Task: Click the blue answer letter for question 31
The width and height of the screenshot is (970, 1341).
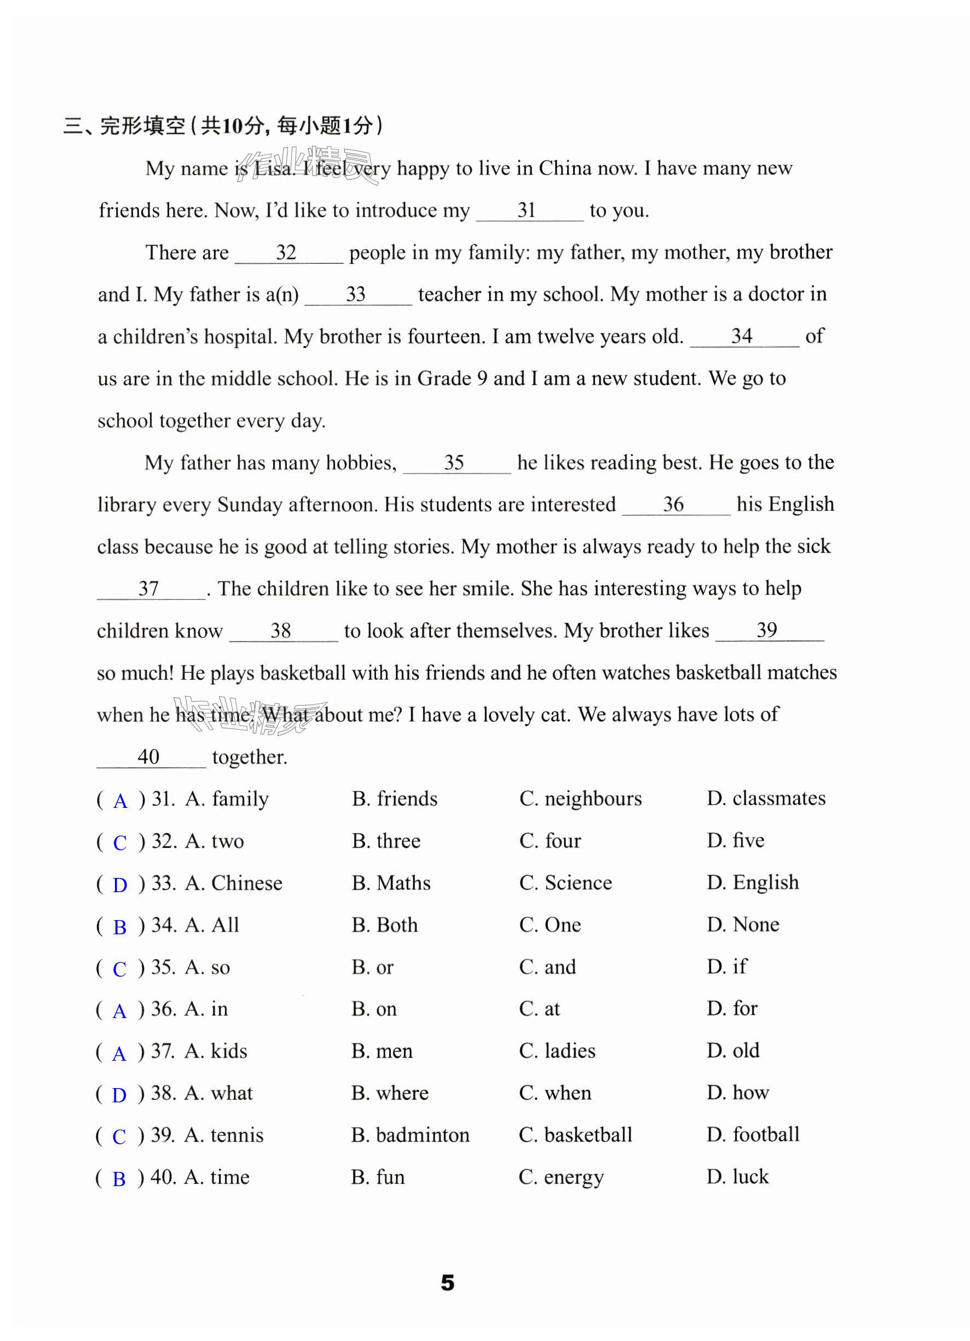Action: (x=120, y=801)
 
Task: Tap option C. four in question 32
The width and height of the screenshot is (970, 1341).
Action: (x=550, y=841)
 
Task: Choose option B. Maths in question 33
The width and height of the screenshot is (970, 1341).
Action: (x=390, y=883)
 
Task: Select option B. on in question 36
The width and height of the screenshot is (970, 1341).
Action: (x=373, y=1009)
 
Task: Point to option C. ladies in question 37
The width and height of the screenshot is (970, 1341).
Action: (x=557, y=1051)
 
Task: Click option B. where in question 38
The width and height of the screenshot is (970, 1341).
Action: (x=389, y=1093)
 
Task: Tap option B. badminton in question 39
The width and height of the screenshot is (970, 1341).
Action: (x=410, y=1135)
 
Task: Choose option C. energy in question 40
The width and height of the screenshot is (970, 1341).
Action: (x=561, y=1177)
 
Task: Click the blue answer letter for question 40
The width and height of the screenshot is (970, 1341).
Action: (x=119, y=1179)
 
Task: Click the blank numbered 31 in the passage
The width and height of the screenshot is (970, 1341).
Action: (x=529, y=211)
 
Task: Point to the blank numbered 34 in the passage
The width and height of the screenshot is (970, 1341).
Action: (x=743, y=337)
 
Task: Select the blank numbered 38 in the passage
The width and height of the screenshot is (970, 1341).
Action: (x=282, y=631)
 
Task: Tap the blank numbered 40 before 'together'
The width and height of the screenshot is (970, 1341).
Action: (x=150, y=758)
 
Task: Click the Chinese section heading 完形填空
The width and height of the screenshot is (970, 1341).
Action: (x=142, y=126)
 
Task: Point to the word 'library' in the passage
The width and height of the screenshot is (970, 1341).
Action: (x=127, y=504)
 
